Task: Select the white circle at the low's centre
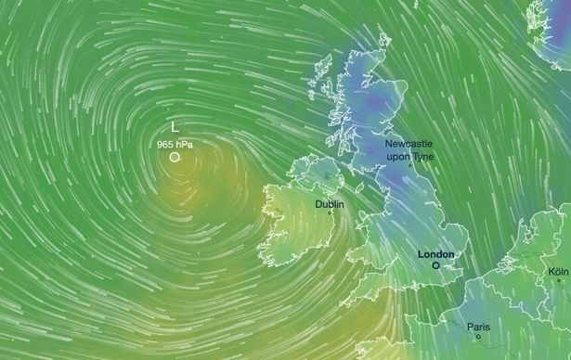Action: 175,157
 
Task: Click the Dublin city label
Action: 329,203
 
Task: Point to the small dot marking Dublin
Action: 329,213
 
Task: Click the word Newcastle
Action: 409,145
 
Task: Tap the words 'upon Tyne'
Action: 409,156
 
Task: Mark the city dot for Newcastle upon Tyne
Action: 409,165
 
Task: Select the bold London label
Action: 435,253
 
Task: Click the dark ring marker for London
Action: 435,264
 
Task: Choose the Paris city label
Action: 478,326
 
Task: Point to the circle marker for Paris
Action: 478,336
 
